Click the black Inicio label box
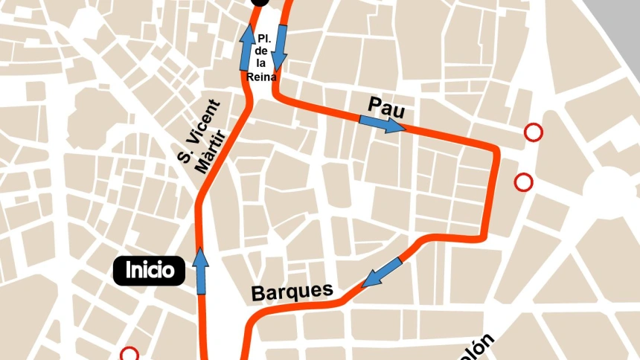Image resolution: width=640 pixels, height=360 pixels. (149, 270)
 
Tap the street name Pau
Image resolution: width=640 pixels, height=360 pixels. (385, 109)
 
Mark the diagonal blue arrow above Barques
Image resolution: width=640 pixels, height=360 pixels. (383, 272)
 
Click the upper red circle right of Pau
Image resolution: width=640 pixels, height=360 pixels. (533, 132)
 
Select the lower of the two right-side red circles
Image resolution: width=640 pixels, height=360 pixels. (524, 181)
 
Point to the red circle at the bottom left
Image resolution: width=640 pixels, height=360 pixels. (129, 355)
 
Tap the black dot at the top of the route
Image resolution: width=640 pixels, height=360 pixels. (260, 2)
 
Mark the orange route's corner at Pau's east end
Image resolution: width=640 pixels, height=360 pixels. (495, 150)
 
